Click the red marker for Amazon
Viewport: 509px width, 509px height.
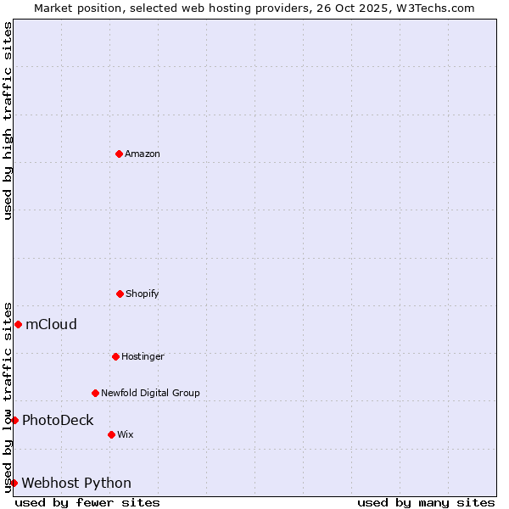coord(119,154)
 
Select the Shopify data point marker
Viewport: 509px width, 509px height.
coord(120,294)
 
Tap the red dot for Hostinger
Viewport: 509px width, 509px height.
coord(115,356)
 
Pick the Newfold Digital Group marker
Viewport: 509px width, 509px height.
coord(95,393)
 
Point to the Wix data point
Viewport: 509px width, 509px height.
coord(111,434)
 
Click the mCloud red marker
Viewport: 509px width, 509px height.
coord(18,324)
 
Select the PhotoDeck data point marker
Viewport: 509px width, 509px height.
coord(14,420)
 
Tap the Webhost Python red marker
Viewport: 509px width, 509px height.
coord(14,483)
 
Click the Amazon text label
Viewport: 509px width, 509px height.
coord(143,154)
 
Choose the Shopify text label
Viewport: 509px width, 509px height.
coord(143,294)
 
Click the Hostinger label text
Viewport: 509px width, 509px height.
coord(143,356)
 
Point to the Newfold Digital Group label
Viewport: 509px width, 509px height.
coord(150,393)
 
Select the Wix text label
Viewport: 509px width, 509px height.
coord(126,434)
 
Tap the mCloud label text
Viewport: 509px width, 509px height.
coord(51,324)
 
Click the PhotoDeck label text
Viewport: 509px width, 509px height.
coord(58,420)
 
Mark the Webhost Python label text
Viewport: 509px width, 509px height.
coord(76,483)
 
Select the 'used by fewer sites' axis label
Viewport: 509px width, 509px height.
coord(87,502)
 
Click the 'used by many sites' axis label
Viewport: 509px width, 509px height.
coord(426,502)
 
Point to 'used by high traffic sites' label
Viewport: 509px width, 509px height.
coord(8,120)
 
